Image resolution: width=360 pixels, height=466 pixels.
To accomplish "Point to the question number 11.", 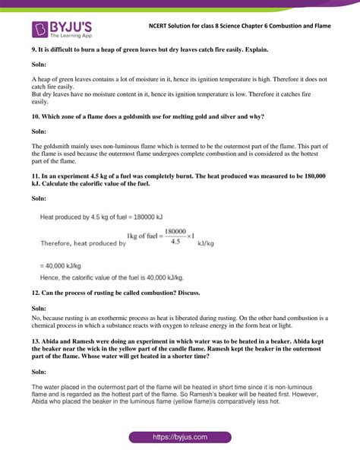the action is click(36, 175).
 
